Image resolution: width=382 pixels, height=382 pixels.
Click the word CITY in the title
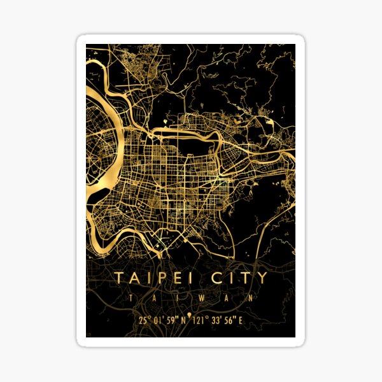239,278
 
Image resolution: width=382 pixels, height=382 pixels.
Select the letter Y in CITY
262,278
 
